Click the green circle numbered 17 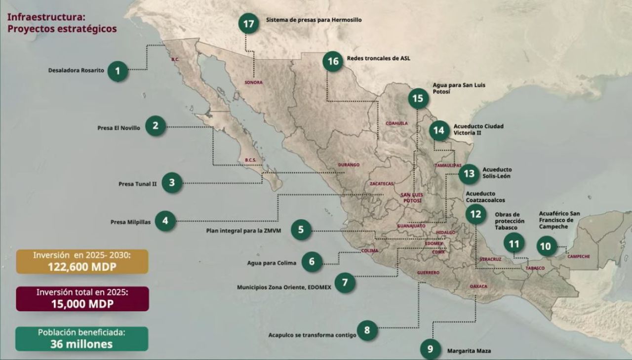(x=248, y=24)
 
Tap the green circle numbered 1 (x=118, y=71)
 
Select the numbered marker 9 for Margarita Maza (x=430, y=349)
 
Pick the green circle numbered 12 (x=475, y=214)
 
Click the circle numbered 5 (x=301, y=230)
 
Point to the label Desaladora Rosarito (x=76, y=70)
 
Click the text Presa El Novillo (x=118, y=128)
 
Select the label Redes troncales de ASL (x=378, y=58)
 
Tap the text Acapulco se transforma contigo (x=312, y=335)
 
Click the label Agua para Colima (x=272, y=263)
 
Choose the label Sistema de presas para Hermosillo (x=314, y=20)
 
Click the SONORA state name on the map (x=253, y=82)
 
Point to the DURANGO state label (x=349, y=164)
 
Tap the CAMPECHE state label (x=578, y=256)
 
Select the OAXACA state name (x=478, y=286)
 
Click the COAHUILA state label (x=397, y=123)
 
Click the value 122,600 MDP (x=82, y=266)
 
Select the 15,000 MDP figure (x=82, y=304)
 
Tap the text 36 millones (x=81, y=344)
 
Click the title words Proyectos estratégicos (x=62, y=29)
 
